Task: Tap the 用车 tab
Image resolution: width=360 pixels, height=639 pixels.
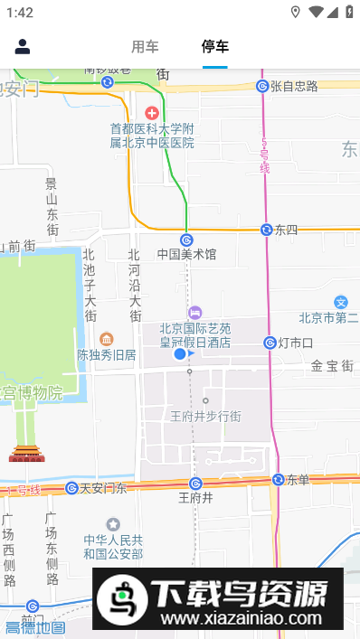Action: [145, 47]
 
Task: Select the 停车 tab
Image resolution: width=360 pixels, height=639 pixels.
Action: [215, 47]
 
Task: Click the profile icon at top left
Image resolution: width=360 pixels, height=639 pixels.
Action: [23, 47]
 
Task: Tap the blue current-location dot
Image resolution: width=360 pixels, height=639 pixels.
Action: [180, 354]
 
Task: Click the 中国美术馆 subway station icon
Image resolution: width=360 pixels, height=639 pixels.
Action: [186, 240]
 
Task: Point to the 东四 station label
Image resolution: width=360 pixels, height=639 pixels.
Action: [287, 230]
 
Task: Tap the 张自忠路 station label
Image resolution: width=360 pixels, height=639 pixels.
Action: [294, 86]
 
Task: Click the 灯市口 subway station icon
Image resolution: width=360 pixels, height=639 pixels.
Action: [270, 343]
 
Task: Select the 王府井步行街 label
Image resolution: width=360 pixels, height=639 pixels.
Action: [205, 416]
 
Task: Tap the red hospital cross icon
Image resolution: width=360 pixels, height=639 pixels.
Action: [151, 113]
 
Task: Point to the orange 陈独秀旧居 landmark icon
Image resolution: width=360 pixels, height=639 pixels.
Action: [107, 339]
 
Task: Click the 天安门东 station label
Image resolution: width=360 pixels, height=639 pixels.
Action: [103, 488]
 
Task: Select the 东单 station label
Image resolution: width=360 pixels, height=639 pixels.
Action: [298, 480]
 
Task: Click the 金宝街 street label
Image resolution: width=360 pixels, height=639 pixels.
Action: [331, 366]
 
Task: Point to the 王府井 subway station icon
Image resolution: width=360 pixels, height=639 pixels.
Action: [195, 484]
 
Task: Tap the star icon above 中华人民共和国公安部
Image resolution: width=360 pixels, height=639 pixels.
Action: [113, 523]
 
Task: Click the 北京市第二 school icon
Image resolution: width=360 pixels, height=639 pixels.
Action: [341, 302]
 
